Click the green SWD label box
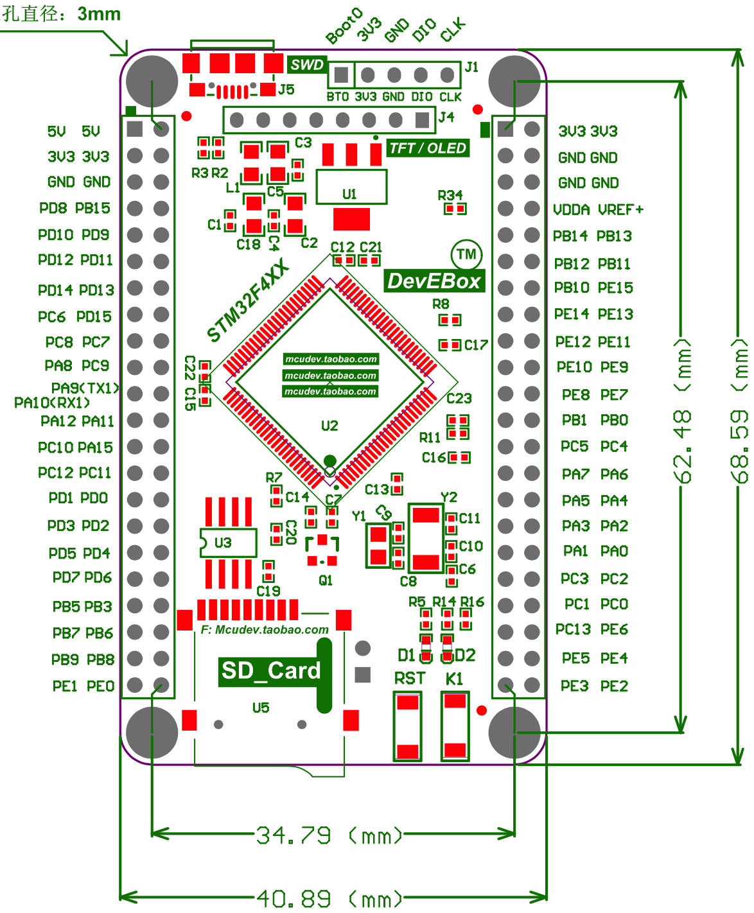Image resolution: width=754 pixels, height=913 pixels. click(307, 65)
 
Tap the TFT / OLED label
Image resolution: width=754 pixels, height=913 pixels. click(428, 148)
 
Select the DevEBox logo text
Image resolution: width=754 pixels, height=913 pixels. click(434, 281)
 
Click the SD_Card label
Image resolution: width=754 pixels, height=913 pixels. click(270, 671)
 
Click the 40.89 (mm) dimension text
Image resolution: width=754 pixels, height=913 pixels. click(329, 898)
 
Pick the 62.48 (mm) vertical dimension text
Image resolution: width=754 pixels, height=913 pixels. click(685, 411)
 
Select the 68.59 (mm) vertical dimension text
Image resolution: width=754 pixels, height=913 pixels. click(741, 411)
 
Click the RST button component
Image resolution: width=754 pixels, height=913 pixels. click(408, 726)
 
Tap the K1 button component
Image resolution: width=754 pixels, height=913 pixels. click(455, 726)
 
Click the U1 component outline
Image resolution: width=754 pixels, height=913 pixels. click(351, 187)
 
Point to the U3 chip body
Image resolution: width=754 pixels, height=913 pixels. click(228, 543)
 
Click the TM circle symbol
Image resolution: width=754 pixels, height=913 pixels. click(467, 255)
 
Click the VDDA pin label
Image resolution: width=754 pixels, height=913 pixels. click(571, 210)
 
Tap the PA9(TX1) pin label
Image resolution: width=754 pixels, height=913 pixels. click(85, 388)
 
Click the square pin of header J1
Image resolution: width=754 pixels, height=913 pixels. click(342, 75)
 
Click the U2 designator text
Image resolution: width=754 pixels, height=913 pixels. click(329, 426)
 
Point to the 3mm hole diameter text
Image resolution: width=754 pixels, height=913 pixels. click(99, 14)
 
